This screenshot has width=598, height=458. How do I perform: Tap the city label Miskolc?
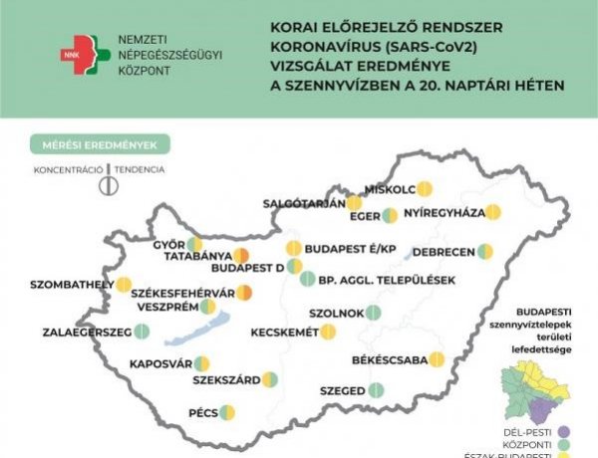[x=391, y=188]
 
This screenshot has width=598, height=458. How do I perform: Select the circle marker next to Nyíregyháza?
[x=493, y=212]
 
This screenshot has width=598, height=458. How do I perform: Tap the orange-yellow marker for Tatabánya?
[x=241, y=258]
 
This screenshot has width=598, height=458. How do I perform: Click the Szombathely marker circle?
[x=123, y=285]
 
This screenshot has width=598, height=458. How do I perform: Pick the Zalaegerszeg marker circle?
[x=138, y=333]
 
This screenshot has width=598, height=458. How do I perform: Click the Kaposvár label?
[x=159, y=364]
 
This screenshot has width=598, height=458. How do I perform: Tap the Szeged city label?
[x=343, y=391]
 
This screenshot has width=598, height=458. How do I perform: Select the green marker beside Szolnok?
[x=374, y=313]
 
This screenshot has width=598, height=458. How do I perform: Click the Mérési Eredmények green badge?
[x=100, y=145]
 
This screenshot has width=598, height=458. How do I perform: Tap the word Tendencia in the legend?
[x=140, y=170]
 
